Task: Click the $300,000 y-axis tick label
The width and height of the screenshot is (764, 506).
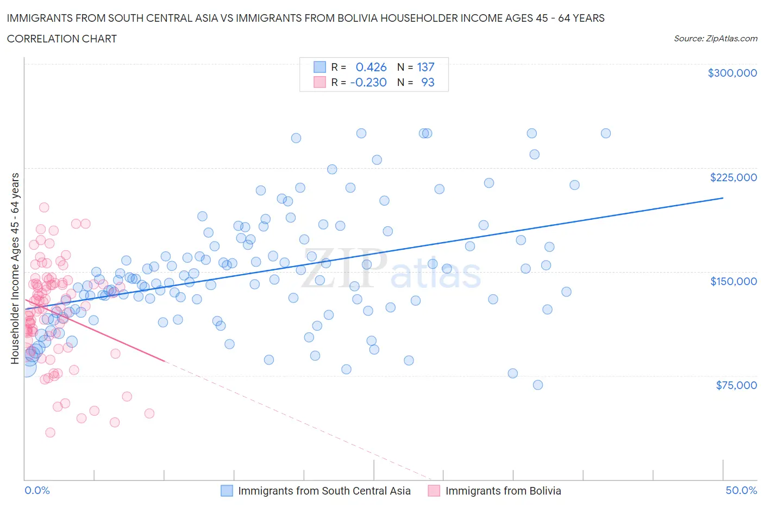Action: pos(732,73)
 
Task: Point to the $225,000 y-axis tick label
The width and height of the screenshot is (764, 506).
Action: pos(733,177)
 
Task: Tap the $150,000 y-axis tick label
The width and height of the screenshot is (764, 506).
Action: pos(733,281)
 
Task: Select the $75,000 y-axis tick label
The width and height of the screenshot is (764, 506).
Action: pos(736,385)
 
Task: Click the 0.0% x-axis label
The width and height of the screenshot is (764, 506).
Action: pos(37,490)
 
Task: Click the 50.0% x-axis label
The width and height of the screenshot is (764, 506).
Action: pos(741,490)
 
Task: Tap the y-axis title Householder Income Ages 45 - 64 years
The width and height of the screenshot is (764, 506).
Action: pos(15,268)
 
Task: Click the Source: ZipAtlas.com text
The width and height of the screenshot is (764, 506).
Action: pos(715,39)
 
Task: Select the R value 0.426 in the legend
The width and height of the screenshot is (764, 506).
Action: pos(371,67)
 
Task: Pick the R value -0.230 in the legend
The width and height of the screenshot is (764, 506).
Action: pos(368,82)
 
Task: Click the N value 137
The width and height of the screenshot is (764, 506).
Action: pos(425,67)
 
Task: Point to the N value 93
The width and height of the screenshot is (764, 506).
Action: pos(428,82)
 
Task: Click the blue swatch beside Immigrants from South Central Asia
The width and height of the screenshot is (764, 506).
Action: pos(227,491)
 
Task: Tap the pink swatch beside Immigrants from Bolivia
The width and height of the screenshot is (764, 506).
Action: pos(434,491)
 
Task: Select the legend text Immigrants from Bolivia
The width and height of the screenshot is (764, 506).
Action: pos(503,491)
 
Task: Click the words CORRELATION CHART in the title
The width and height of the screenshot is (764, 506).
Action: pos(61,39)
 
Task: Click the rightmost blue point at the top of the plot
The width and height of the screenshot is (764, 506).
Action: pos(605,133)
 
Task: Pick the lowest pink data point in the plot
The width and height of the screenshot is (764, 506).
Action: pos(50,433)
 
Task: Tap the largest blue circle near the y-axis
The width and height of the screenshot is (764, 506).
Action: pos(26,368)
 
